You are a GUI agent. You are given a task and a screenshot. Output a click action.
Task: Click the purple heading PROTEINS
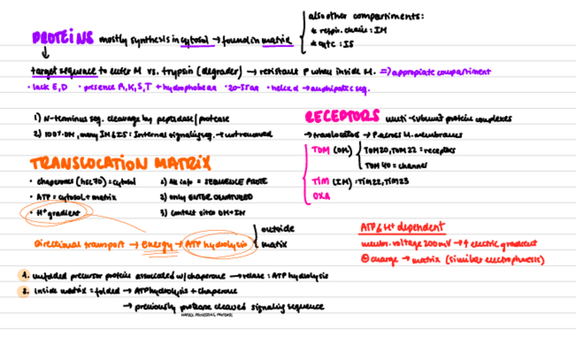pos(62,39)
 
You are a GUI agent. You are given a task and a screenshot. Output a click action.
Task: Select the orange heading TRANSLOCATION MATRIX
pos(120,164)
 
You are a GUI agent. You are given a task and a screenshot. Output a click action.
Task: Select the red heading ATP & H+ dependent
pos(402,227)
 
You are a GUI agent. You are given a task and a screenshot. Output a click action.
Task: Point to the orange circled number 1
pos(25,276)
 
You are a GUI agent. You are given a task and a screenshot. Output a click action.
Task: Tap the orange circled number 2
pos(25,291)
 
